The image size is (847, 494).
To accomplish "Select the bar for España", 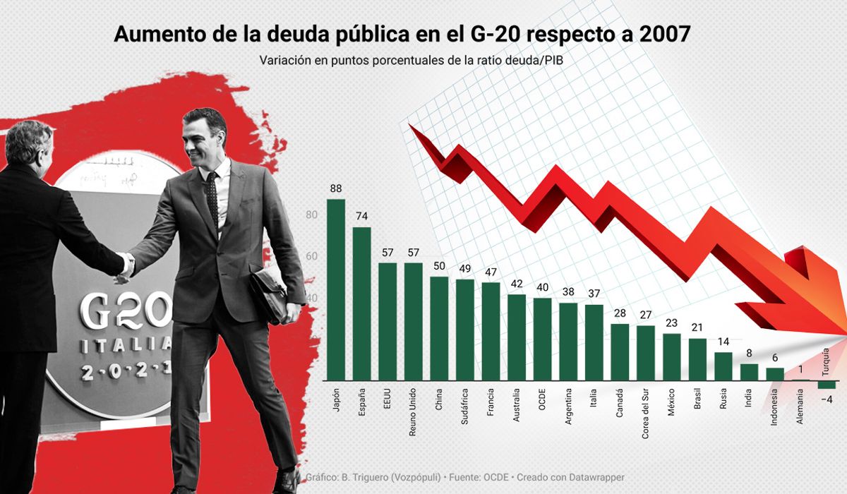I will click(361, 303).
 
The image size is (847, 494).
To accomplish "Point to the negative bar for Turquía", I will click(827, 385).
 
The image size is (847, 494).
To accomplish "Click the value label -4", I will click(827, 399).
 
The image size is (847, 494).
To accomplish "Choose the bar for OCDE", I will click(542, 339).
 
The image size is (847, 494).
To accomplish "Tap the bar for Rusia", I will click(723, 366).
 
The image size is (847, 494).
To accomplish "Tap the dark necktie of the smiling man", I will click(212, 198).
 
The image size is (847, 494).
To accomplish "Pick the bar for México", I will click(671, 356).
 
